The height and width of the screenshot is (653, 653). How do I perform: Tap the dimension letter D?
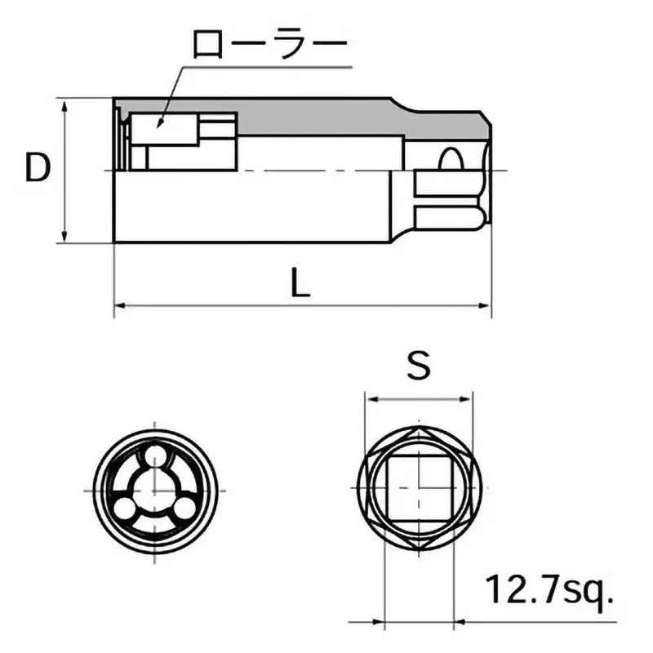37,169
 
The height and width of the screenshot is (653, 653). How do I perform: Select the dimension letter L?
301,283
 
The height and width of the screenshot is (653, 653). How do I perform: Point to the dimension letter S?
419,366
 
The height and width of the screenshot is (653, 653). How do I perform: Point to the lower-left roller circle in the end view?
124,508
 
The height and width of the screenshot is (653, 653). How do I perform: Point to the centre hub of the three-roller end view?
153,490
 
